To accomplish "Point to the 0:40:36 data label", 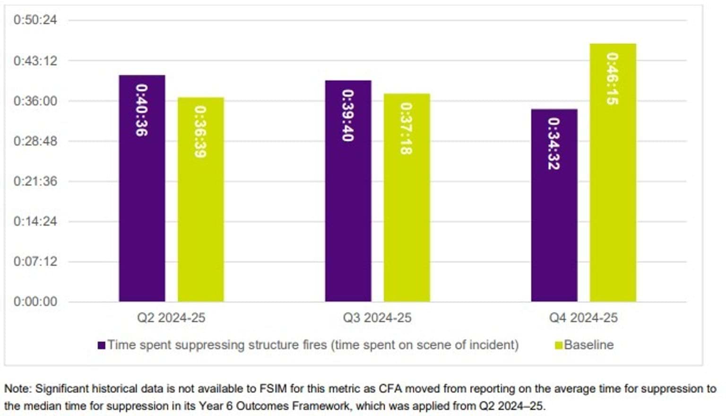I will (x=142, y=110).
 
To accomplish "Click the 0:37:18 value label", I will (x=406, y=129).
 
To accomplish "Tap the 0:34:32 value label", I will (x=553, y=144).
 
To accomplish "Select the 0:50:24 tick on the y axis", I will (x=35, y=20).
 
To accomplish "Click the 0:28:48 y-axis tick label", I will (x=35, y=141).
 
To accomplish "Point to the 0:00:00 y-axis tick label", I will (x=35, y=302).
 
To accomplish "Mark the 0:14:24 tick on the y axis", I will (x=35, y=221).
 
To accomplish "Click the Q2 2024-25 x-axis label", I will (x=171, y=318).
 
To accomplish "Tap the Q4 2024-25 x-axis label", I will (x=583, y=318).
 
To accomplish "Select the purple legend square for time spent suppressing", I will (x=101, y=346).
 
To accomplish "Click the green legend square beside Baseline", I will (x=559, y=346).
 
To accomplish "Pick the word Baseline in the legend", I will (x=589, y=345).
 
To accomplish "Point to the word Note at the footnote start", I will (x=17, y=389).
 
